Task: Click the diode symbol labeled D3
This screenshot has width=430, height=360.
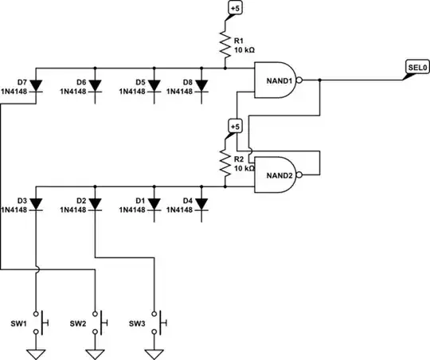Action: [37, 205]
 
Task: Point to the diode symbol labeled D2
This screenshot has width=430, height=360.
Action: [95, 205]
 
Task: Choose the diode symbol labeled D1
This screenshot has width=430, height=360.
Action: [153, 205]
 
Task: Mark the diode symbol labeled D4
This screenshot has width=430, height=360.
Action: [201, 205]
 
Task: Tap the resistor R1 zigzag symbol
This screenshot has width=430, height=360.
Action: [226, 44]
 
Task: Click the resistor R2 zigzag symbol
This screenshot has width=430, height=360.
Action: [226, 162]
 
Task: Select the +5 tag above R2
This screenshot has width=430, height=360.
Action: [234, 127]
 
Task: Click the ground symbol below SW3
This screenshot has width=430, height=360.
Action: [154, 353]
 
